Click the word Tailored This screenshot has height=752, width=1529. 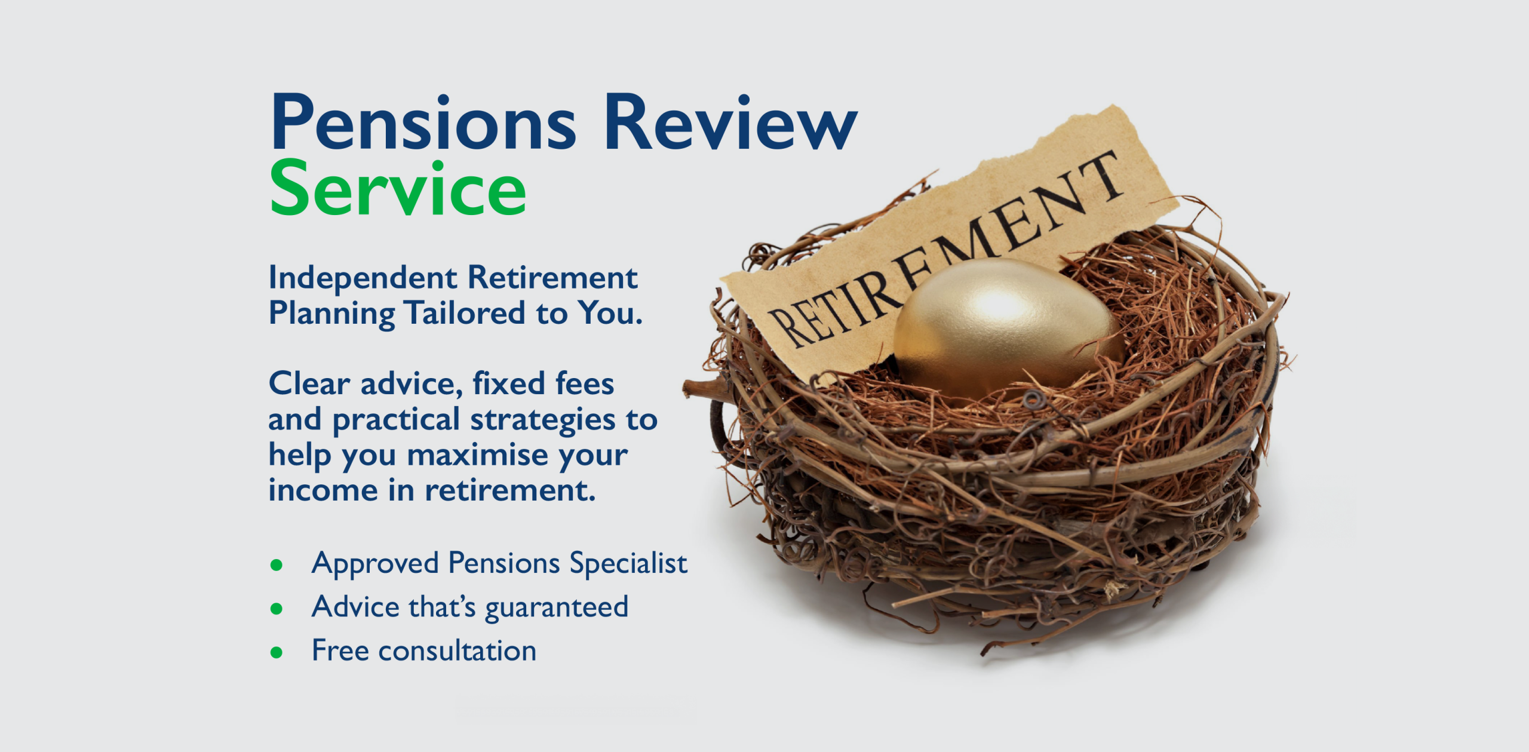point(465,313)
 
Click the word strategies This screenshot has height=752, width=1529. point(543,420)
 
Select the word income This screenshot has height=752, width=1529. point(323,491)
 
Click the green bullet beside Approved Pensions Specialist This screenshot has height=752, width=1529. point(276,565)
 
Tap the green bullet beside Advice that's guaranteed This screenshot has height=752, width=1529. point(276,609)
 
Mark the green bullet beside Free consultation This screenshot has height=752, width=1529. point(276,652)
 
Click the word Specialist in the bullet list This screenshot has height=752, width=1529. point(628,564)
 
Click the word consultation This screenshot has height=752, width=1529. point(458,651)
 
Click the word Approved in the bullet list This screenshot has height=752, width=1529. point(376,564)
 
